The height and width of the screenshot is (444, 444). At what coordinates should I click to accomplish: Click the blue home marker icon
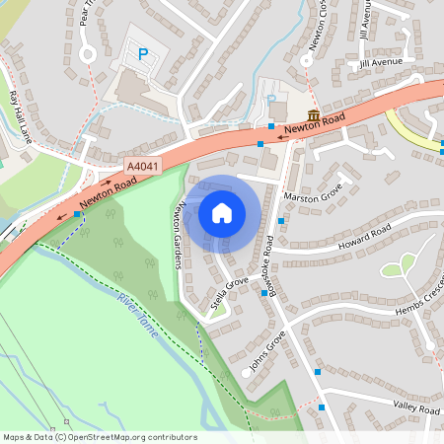tap(222, 212)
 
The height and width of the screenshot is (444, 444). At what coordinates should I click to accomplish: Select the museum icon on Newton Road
tap(313, 116)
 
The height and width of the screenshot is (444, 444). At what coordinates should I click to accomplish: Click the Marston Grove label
tap(314, 192)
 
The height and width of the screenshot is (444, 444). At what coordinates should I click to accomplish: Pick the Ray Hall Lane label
tap(21, 117)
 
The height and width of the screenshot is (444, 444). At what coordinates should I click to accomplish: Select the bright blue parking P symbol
tap(144, 55)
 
